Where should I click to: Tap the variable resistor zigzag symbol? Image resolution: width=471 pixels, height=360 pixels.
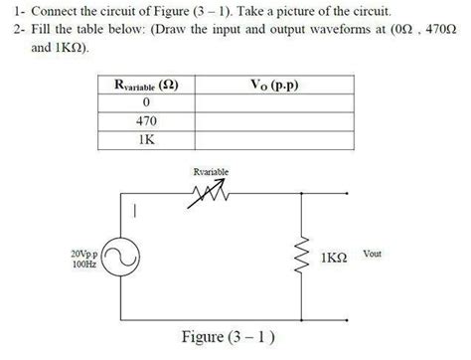pyautogui.click(x=213, y=193)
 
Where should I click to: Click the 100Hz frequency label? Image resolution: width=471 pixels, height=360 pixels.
pyautogui.click(x=85, y=265)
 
